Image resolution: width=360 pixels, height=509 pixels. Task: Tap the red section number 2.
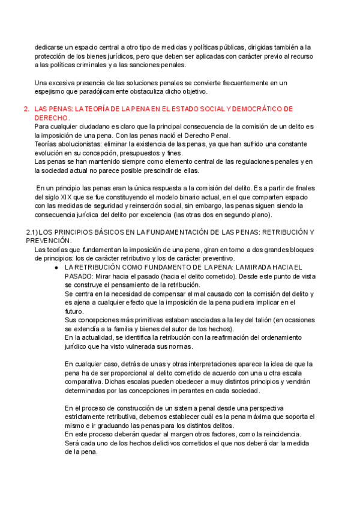point(25,109)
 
